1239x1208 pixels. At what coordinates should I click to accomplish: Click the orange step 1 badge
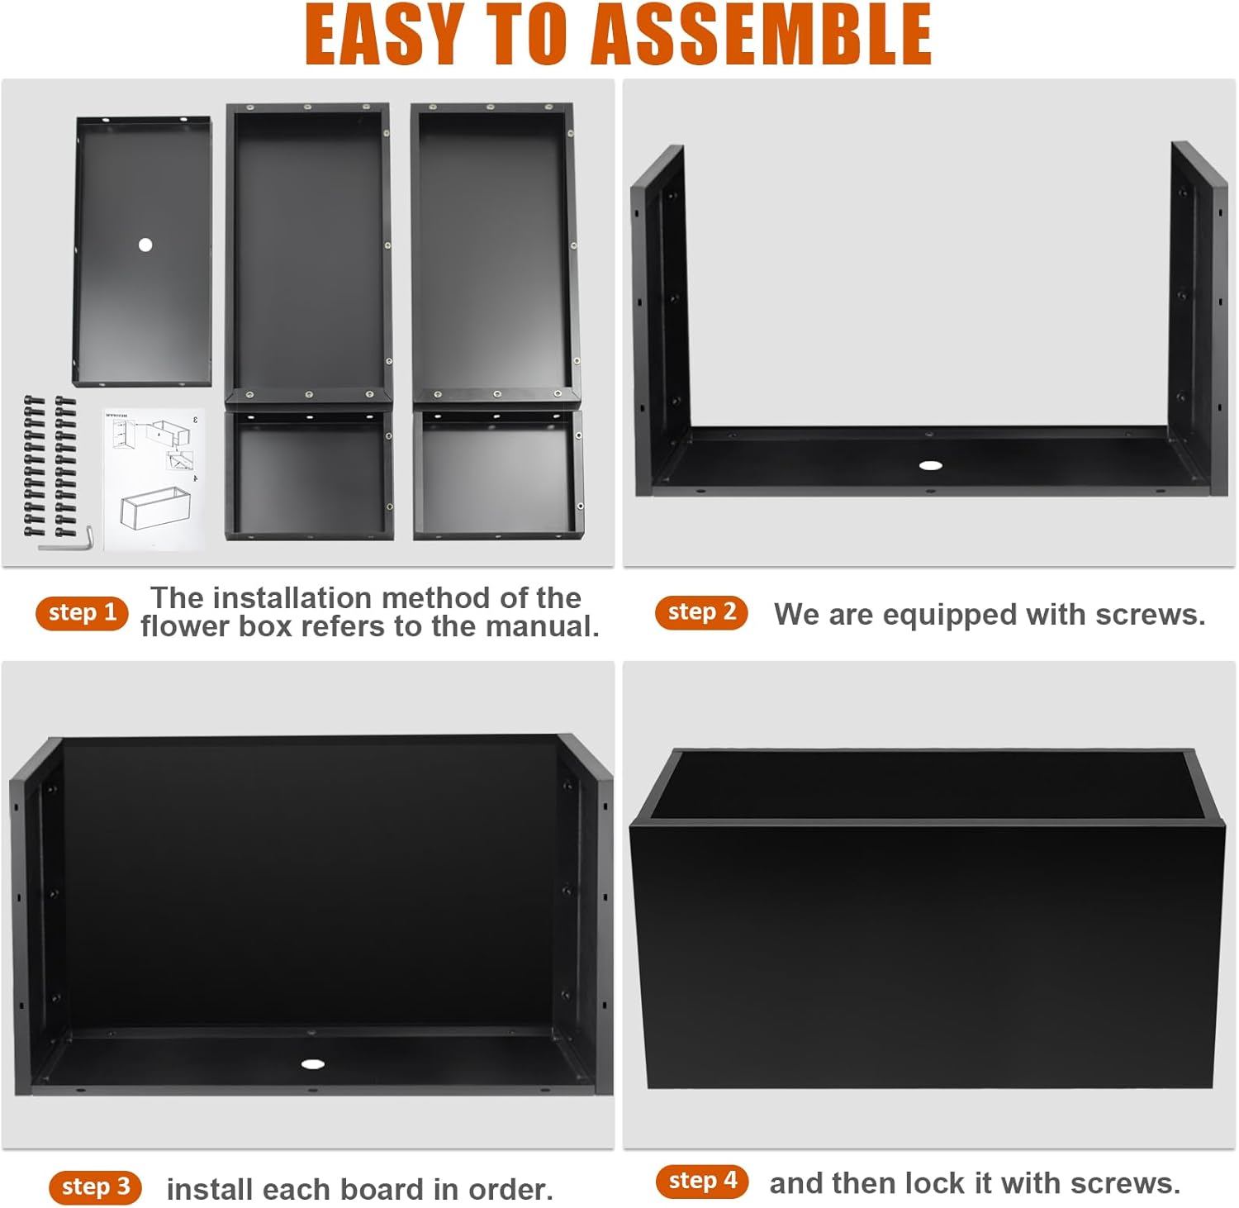[82, 613]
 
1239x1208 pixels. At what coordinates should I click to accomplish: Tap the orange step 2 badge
[701, 612]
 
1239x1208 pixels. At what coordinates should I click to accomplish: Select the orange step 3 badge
[96, 1187]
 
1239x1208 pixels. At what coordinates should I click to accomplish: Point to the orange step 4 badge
[702, 1181]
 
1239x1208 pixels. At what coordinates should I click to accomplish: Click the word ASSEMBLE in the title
[762, 35]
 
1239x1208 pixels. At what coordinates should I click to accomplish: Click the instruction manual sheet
[154, 479]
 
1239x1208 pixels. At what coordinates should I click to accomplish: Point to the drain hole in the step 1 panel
[145, 245]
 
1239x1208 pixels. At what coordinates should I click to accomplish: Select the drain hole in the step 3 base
[312, 1064]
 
